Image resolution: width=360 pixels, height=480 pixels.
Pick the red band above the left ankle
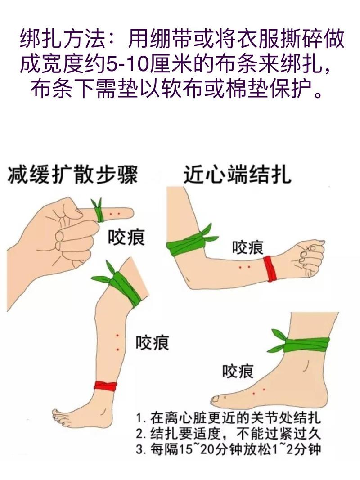(105, 386)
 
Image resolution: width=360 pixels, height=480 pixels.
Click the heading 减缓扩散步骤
(72, 175)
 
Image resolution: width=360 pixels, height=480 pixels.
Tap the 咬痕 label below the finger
(126, 237)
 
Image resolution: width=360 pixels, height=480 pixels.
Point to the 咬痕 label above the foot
(238, 371)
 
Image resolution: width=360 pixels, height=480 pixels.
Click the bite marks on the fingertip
(114, 213)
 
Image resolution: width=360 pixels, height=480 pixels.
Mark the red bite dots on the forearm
(244, 268)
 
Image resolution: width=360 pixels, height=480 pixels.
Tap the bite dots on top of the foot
(259, 391)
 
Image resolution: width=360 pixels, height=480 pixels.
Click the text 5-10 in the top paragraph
(125, 65)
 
